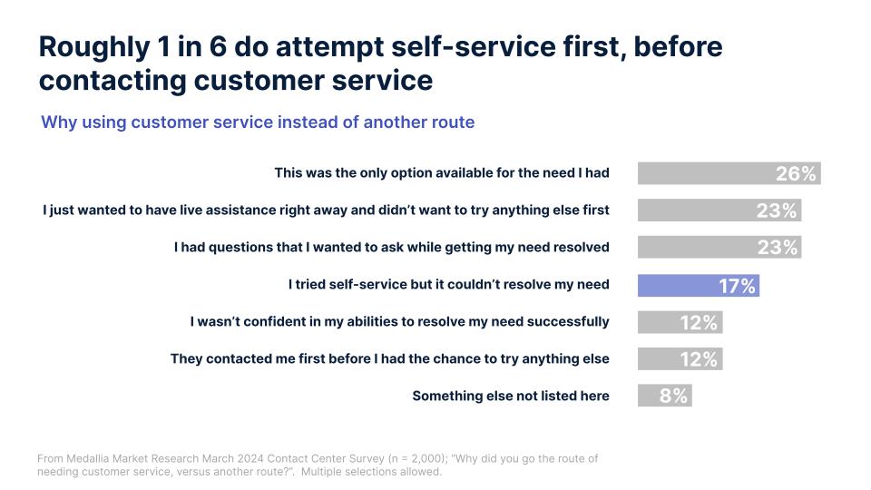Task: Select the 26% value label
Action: pos(796,173)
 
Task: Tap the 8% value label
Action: pos(673,396)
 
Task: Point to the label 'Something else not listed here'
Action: pos(510,396)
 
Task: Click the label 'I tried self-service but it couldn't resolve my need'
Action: pos(448,285)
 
